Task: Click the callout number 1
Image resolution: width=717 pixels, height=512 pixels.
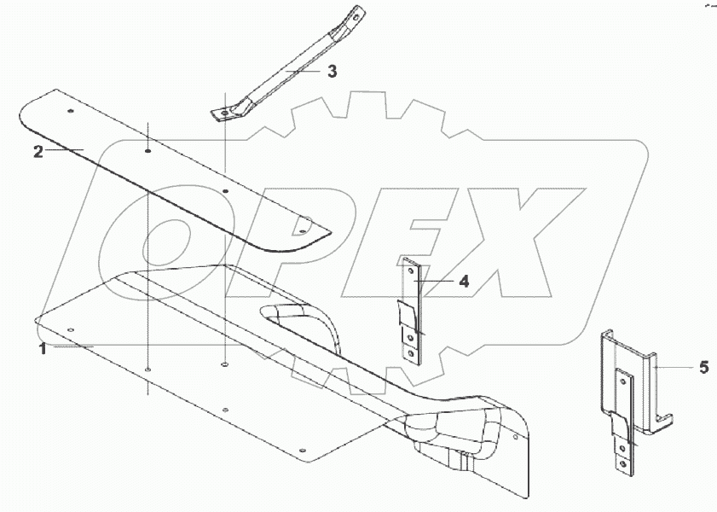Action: tap(43, 349)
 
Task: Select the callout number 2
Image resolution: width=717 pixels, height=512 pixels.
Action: tap(38, 151)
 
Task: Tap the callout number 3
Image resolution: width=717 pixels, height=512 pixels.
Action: tap(332, 72)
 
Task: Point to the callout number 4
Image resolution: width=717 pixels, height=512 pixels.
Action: tap(464, 282)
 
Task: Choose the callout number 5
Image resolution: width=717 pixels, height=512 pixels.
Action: tap(703, 367)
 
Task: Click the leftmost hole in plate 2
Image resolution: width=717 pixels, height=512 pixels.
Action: tap(71, 111)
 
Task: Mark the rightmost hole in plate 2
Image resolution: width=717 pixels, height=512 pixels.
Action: tap(301, 231)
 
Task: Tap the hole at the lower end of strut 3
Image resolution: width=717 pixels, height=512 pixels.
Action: tap(223, 113)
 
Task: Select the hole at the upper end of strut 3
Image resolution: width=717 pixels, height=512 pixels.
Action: tap(355, 16)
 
